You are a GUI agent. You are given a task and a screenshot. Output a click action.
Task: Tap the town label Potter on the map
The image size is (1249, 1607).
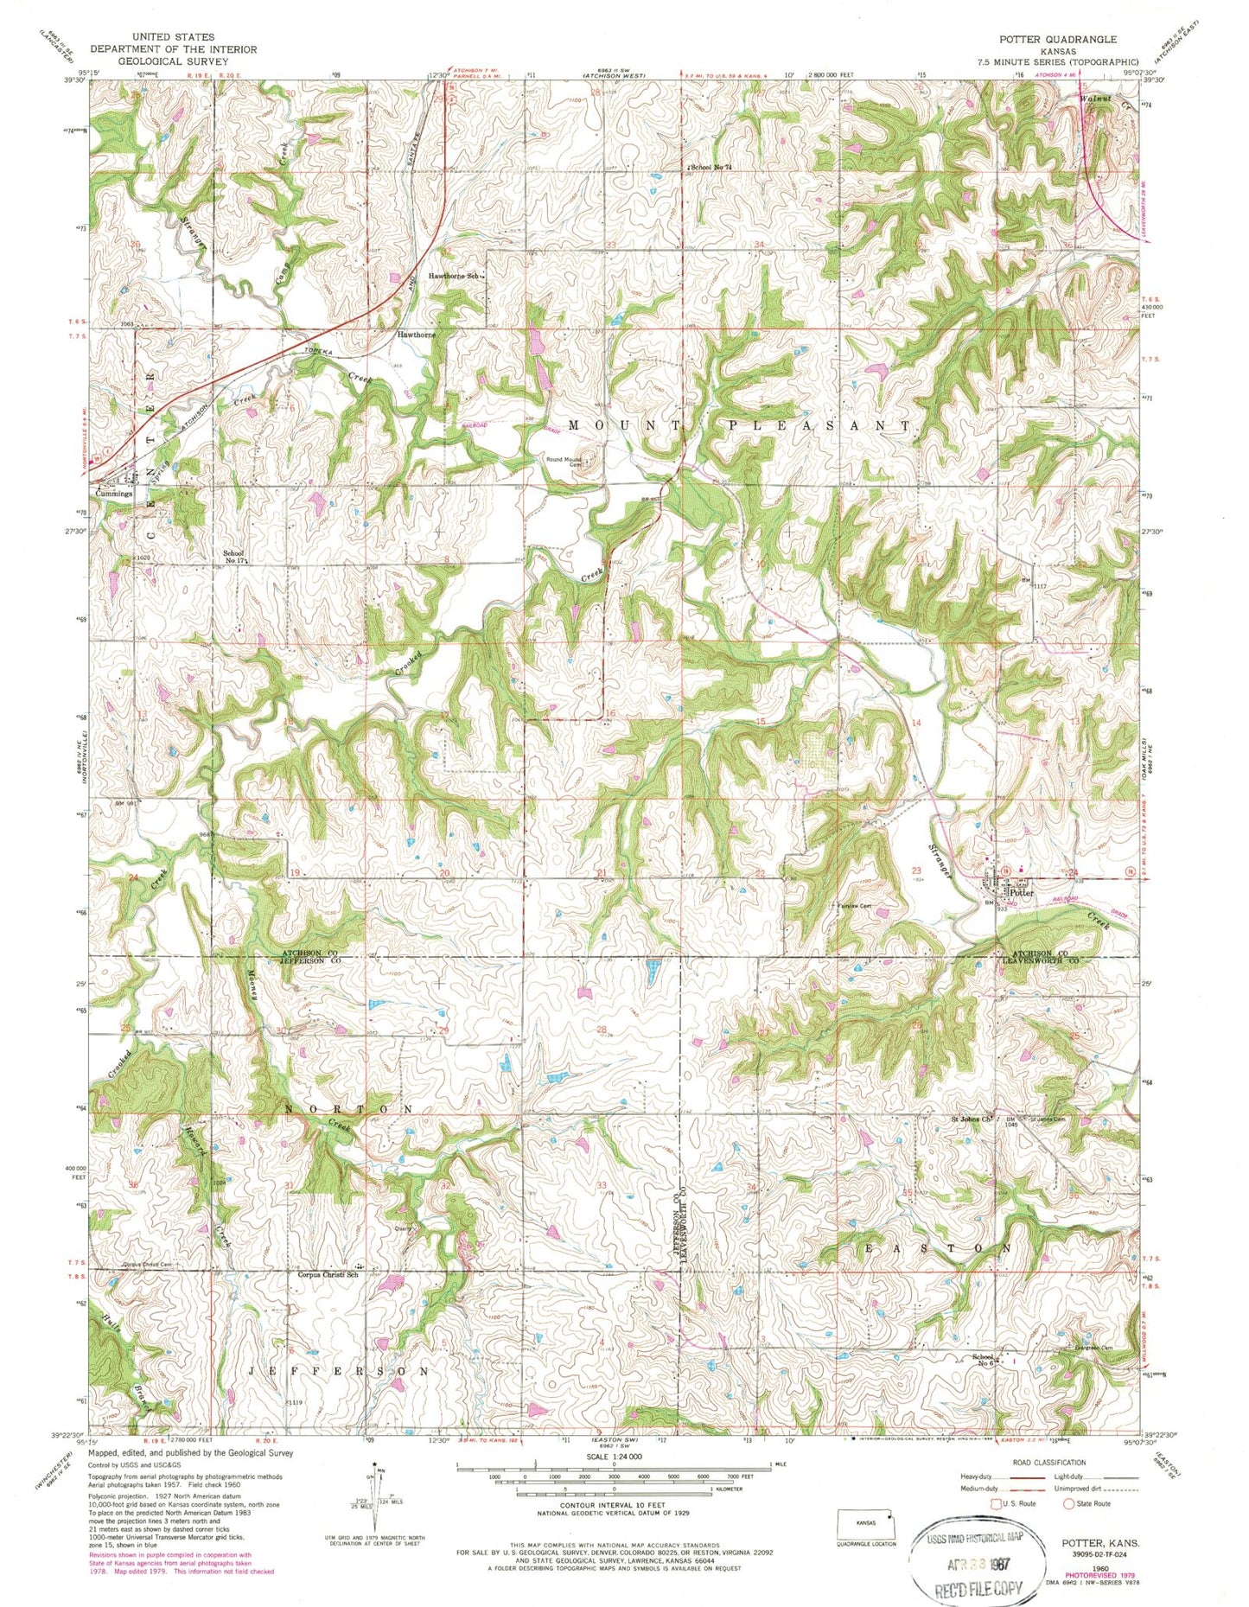click(x=1021, y=893)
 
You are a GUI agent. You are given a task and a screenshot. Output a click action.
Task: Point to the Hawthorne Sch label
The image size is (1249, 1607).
click(x=454, y=277)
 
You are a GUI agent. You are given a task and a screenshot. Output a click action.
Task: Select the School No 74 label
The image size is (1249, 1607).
click(x=711, y=167)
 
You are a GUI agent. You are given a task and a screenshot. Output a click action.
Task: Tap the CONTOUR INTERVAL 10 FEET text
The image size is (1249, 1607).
click(x=613, y=1505)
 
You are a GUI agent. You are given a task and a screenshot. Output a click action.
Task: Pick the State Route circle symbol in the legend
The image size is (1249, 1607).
click(x=1068, y=1503)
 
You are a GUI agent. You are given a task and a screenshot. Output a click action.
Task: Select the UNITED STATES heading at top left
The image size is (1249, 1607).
click(x=172, y=38)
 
